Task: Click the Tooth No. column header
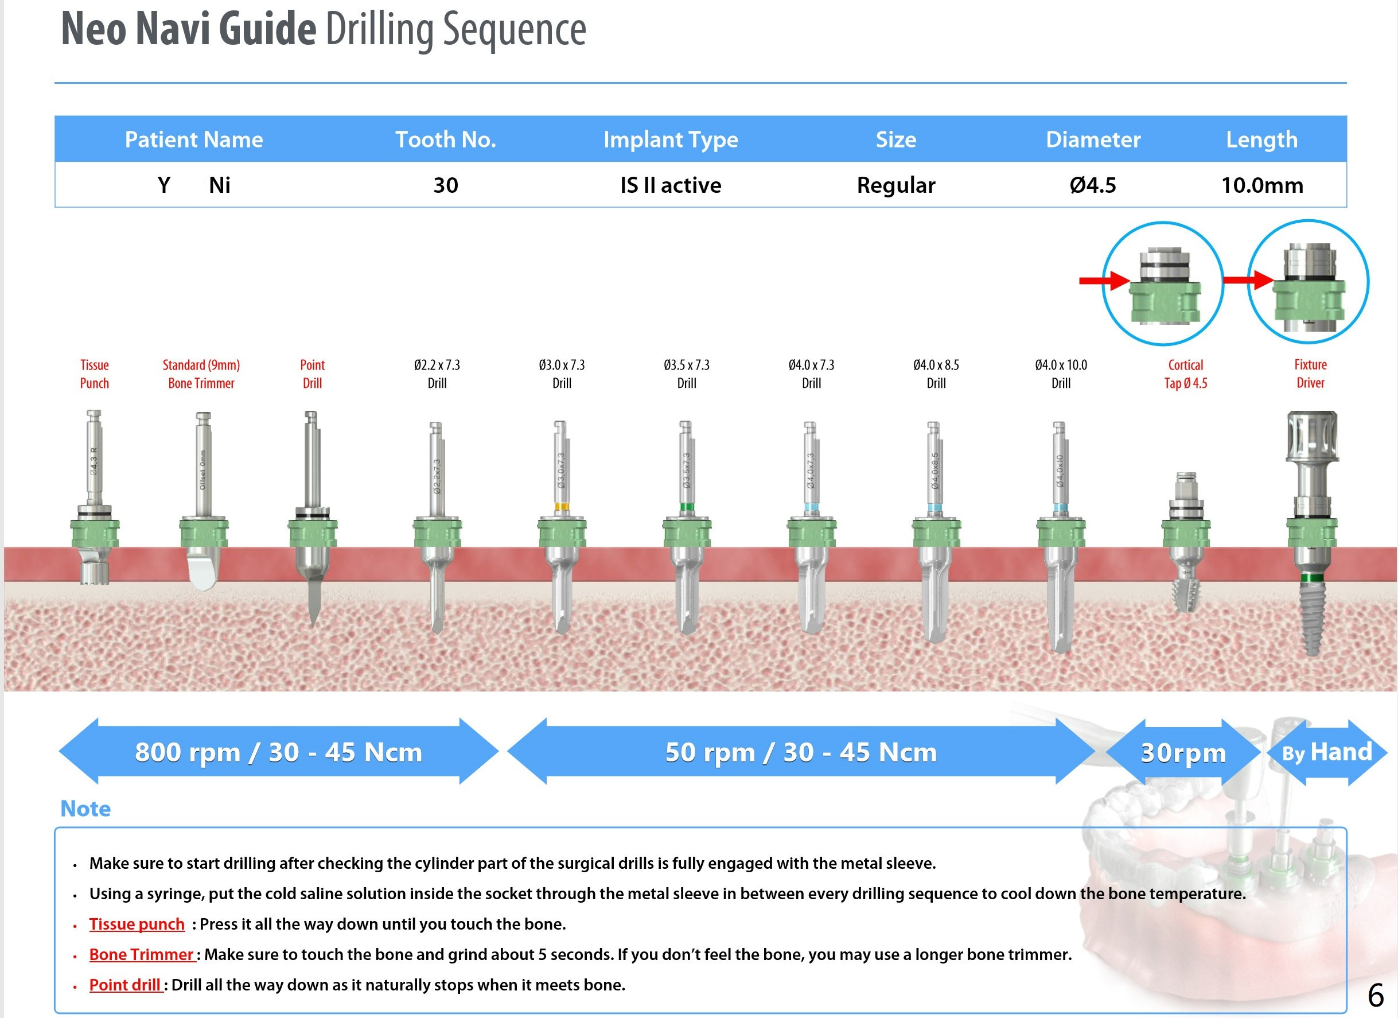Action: (x=445, y=139)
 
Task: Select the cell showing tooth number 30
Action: (x=445, y=185)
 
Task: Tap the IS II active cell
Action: (x=670, y=185)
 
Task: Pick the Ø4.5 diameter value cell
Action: (x=1092, y=185)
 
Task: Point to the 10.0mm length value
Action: (x=1262, y=185)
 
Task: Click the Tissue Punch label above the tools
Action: (x=94, y=374)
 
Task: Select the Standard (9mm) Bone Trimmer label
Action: (x=201, y=374)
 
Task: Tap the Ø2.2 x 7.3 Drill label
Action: (x=437, y=374)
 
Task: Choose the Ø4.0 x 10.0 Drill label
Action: (x=1060, y=374)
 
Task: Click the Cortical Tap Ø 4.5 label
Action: (x=1185, y=374)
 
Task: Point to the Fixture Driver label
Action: (x=1310, y=374)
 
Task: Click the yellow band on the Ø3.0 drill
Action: (x=561, y=507)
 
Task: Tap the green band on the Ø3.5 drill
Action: (x=686, y=507)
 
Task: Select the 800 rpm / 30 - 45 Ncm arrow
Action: (x=278, y=752)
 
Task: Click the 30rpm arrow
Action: (x=1182, y=752)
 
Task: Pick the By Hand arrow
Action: (x=1326, y=752)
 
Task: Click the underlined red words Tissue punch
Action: (x=137, y=924)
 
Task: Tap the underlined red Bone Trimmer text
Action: (x=142, y=954)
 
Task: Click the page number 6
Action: (x=1375, y=994)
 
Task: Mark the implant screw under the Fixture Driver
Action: (x=1310, y=617)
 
